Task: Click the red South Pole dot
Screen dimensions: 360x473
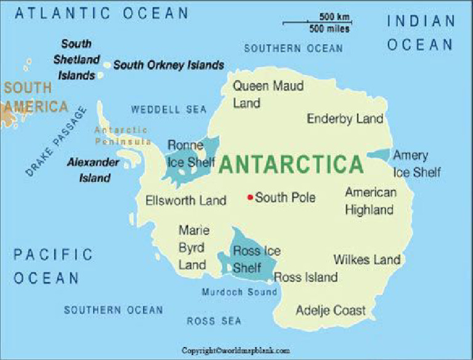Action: (250, 198)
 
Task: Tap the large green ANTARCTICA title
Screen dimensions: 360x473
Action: (291, 165)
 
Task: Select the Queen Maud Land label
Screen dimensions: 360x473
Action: (268, 94)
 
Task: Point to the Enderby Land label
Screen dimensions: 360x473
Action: (345, 119)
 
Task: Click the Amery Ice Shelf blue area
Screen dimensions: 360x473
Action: (379, 156)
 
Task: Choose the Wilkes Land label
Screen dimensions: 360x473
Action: (367, 260)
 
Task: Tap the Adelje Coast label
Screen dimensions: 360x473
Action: (331, 310)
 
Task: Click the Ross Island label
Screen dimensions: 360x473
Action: (306, 278)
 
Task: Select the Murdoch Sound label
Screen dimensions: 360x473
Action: (240, 292)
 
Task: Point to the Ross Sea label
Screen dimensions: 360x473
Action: (214, 321)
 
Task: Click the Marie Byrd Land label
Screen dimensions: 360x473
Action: (193, 248)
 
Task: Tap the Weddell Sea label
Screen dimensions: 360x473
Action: (168, 110)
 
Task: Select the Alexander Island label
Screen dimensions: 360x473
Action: (94, 170)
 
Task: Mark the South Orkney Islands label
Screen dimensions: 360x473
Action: (168, 65)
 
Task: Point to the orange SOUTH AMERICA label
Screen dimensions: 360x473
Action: (35, 97)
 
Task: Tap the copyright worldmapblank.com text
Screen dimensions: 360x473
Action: (235, 351)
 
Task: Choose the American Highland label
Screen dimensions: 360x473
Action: (370, 201)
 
